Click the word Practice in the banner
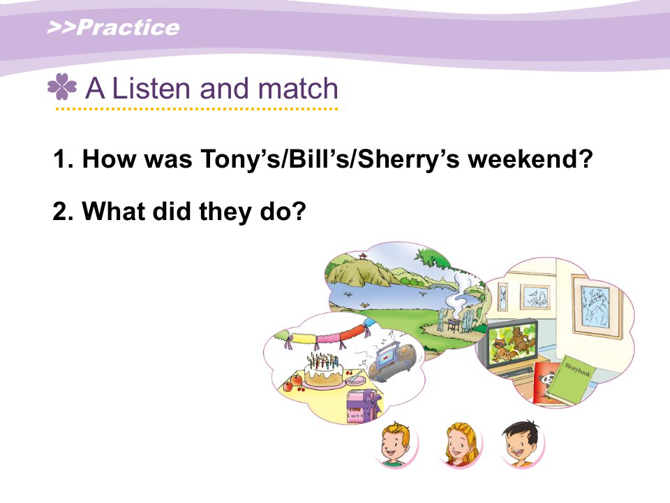[x=128, y=27]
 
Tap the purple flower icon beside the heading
[x=62, y=87]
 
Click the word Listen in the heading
[x=151, y=88]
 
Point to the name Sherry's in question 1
[x=408, y=159]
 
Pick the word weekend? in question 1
[x=530, y=159]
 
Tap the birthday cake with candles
[x=323, y=370]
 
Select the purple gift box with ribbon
[x=364, y=406]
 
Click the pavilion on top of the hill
[x=363, y=256]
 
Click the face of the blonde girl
[x=459, y=445]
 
